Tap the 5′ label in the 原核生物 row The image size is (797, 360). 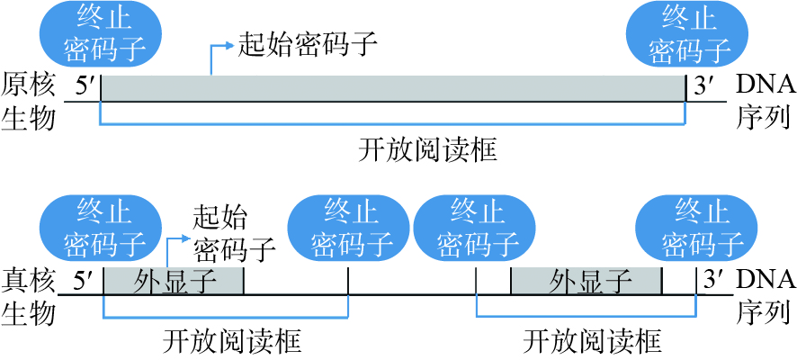pyautogui.click(x=85, y=88)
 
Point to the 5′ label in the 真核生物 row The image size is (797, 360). pyautogui.click(x=85, y=282)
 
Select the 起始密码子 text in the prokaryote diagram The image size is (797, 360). pyautogui.click(x=306, y=42)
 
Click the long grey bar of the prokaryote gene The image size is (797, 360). pyautogui.click(x=393, y=88)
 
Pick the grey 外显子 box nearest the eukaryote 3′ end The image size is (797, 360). pyautogui.click(x=587, y=281)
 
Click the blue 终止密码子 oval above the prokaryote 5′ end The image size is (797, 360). pyautogui.click(x=100, y=33)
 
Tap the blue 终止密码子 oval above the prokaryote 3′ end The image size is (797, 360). pyautogui.click(x=688, y=33)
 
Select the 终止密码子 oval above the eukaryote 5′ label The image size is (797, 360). pyautogui.click(x=100, y=228)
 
